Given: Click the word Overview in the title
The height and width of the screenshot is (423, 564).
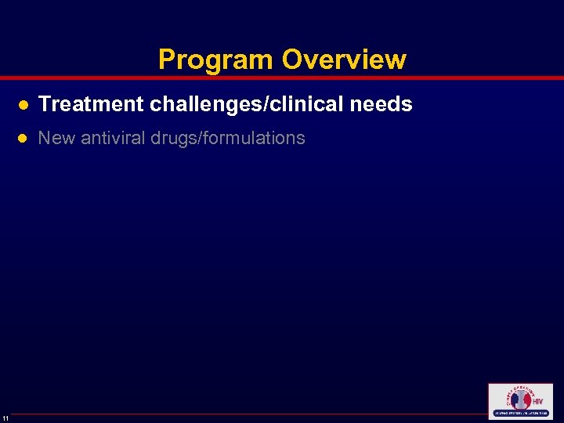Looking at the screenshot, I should coord(344,60).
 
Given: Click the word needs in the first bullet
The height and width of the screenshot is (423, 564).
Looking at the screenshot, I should coord(383,104).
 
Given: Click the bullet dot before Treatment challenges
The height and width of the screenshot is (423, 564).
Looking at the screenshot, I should coord(23,105).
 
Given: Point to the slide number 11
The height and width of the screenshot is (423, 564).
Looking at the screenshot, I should coord(5,418).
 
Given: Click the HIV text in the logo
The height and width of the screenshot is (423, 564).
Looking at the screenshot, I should coord(537,401).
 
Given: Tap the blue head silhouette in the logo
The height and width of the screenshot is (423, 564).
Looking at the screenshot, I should coord(515,399).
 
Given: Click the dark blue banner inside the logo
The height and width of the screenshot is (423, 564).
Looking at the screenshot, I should coord(520,413).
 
